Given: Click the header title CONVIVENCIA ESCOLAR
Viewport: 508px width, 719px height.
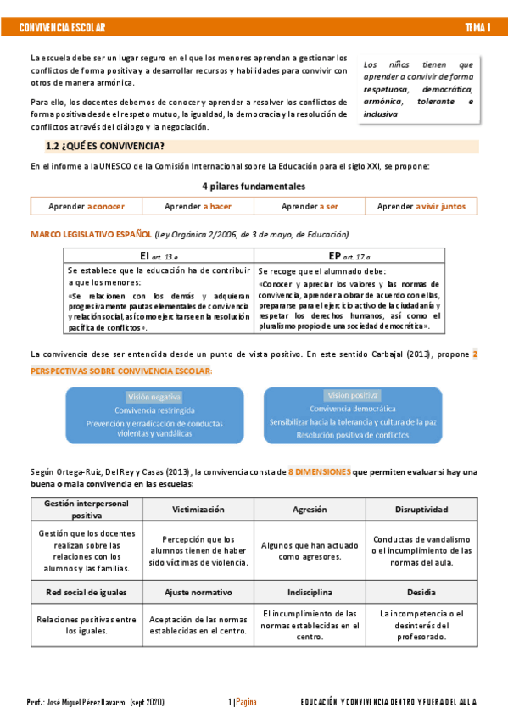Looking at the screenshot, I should [x=62, y=28].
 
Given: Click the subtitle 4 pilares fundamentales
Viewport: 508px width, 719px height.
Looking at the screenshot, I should [x=254, y=186].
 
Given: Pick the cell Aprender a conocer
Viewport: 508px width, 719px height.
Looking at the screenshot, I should [x=86, y=206].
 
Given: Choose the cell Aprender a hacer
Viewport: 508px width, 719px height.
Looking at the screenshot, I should [x=198, y=206].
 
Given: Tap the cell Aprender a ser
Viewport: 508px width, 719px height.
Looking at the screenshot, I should [x=310, y=206].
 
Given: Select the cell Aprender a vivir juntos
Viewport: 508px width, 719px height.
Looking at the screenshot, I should [x=421, y=206].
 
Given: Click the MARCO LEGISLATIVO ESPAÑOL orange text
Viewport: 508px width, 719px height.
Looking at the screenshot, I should [x=91, y=234].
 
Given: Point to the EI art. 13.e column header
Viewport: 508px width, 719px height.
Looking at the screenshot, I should [x=159, y=255].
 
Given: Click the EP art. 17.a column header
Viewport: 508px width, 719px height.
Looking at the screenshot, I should [x=349, y=255].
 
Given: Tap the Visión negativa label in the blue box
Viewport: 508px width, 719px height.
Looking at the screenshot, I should [x=154, y=397].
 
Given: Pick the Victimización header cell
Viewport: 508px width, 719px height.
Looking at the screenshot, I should [x=198, y=510].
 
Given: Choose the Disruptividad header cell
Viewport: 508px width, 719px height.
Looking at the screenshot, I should [x=421, y=510].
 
